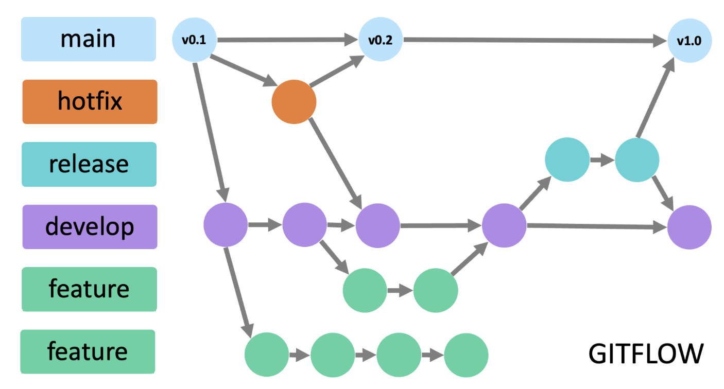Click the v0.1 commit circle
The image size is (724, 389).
(x=194, y=40)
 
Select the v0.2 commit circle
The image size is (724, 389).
(x=381, y=40)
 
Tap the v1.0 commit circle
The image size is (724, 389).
(x=689, y=41)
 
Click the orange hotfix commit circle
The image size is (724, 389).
(x=294, y=102)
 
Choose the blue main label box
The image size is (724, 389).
(x=89, y=39)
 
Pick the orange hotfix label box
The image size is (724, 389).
(x=90, y=102)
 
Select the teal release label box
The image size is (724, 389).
(x=89, y=164)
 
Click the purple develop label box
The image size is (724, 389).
(x=90, y=227)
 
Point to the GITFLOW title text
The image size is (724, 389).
(x=646, y=354)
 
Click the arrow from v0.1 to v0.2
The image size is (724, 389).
(x=287, y=40)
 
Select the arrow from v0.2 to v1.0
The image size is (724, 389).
(x=535, y=40)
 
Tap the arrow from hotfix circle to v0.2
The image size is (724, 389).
(x=337, y=71)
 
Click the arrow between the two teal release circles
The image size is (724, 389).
(x=602, y=160)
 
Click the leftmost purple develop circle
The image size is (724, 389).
(x=226, y=225)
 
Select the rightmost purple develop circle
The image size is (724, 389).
(x=689, y=227)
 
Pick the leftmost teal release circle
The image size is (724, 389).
(x=567, y=160)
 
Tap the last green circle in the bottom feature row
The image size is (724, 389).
(x=466, y=355)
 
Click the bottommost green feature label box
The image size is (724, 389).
(x=88, y=351)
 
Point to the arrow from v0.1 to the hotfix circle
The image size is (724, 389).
(x=244, y=71)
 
